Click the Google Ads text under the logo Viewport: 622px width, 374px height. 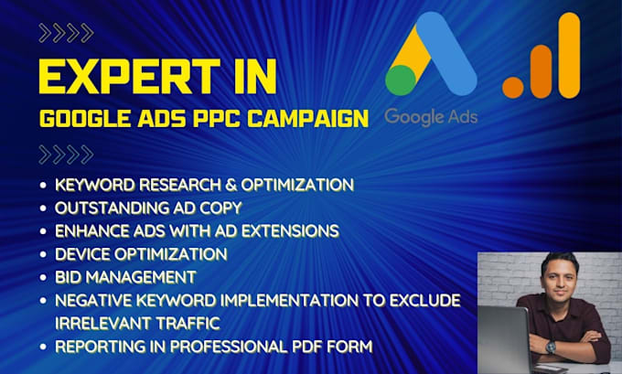pyautogui.click(x=431, y=116)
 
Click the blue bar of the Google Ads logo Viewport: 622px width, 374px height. pyautogui.click(x=448, y=59)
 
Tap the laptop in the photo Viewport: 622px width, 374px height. pyautogui.click(x=503, y=339)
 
